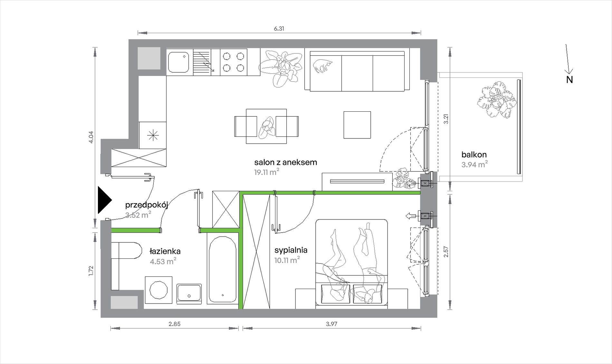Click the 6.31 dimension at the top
tap(279, 29)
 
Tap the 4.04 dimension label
tap(91, 137)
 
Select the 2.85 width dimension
tap(174, 324)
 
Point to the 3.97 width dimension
tap(331, 324)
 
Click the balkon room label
tap(474, 154)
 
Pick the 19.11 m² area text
tap(267, 172)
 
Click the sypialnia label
tap(291, 250)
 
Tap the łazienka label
tap(165, 251)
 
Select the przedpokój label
tap(147, 205)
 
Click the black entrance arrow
tap(104, 200)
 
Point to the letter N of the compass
tap(569, 80)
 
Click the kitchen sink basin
tap(178, 62)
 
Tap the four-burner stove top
tap(234, 62)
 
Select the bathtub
tap(223, 270)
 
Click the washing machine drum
tap(158, 290)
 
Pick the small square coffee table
tap(357, 125)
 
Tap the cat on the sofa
tap(322, 66)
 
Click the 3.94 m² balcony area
tap(474, 164)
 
